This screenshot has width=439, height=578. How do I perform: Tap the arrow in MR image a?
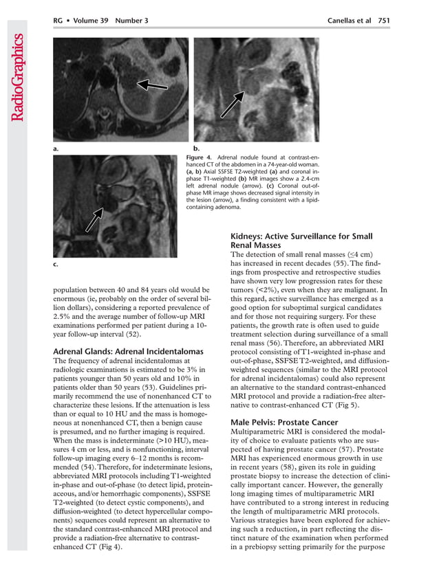[152, 85]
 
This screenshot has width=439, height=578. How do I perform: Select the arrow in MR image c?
[94, 219]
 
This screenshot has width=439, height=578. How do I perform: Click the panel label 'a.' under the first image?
[55, 148]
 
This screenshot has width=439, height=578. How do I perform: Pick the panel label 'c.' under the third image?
[55, 264]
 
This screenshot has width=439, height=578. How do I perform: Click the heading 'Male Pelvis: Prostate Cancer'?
[284, 422]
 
